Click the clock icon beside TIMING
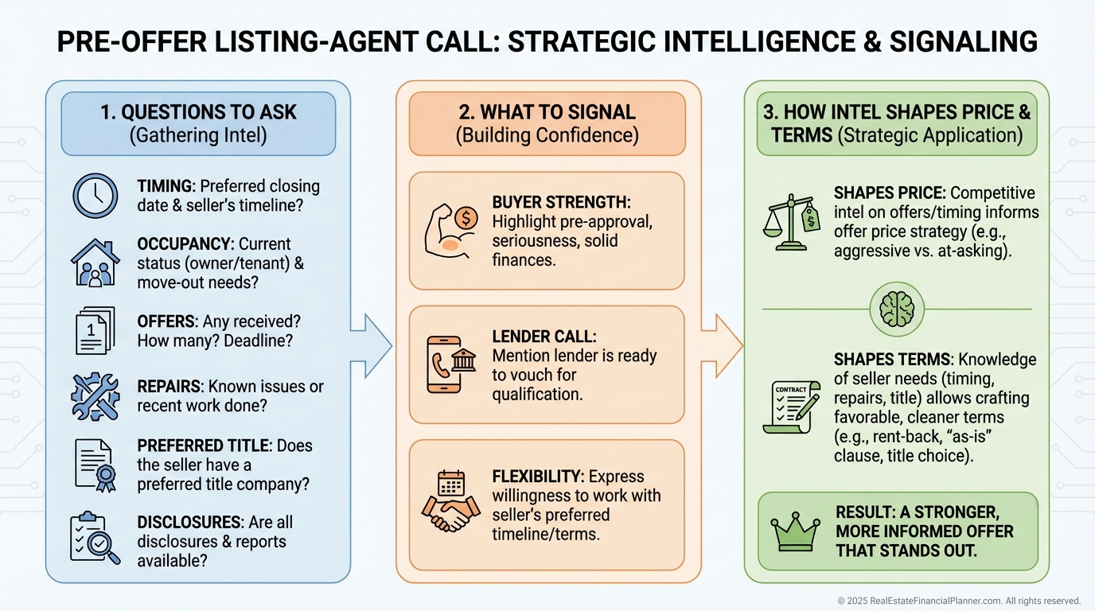pos(95,196)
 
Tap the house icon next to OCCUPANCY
pos(95,262)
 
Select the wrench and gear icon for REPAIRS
pos(94,396)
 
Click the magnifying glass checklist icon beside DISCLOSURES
pos(95,537)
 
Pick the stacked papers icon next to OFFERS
pos(95,330)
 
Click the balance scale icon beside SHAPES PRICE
pos(791,224)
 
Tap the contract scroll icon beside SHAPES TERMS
pos(791,404)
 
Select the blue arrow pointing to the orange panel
pos(371,344)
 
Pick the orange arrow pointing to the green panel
pos(722,344)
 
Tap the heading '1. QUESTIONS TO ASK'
pos(198,112)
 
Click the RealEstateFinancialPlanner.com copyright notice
pos(959,601)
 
